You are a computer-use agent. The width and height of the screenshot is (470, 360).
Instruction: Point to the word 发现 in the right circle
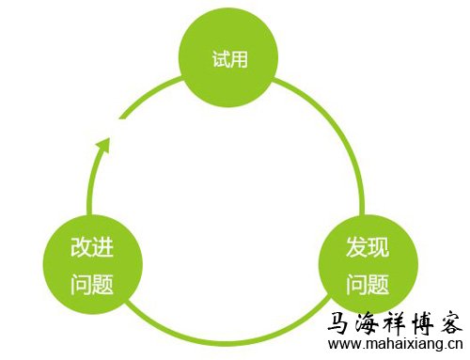pos(368,250)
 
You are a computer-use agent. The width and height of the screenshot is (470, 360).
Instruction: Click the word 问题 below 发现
pos(368,284)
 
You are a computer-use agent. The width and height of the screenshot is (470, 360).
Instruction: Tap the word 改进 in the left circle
pos(92,250)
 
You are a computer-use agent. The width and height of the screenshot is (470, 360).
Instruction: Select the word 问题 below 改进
pos(92,284)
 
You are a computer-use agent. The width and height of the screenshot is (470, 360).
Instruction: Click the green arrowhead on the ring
pos(105,144)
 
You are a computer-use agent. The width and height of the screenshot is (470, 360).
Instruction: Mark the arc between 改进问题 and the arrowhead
pos(91,188)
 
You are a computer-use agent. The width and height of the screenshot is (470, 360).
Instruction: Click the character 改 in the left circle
pos(81,250)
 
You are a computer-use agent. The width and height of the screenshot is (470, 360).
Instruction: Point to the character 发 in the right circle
pos(356,250)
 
